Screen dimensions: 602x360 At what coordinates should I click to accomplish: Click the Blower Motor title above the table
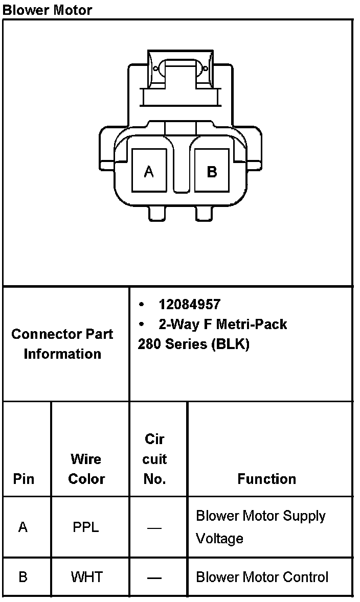(x=48, y=10)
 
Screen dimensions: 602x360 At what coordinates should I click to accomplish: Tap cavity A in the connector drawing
(x=149, y=171)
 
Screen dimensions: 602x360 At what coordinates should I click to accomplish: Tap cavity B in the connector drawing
(x=212, y=171)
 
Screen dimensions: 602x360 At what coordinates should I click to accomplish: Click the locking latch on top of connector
(x=179, y=72)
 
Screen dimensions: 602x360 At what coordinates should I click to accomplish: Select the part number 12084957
(x=189, y=305)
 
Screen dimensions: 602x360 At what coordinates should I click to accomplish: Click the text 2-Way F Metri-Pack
(x=222, y=324)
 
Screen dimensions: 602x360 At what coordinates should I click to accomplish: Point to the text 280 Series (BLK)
(x=193, y=344)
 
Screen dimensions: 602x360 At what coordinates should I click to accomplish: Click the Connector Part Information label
(x=62, y=344)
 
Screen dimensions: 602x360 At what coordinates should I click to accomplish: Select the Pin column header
(x=24, y=479)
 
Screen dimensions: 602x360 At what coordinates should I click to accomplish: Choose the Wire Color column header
(x=86, y=469)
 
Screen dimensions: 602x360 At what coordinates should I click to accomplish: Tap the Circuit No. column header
(x=154, y=459)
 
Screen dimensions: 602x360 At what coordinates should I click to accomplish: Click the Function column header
(x=266, y=479)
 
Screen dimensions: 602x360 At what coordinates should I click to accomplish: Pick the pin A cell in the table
(x=23, y=527)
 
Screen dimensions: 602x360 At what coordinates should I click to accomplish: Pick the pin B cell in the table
(x=23, y=577)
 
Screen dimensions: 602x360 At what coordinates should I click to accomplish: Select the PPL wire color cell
(x=86, y=527)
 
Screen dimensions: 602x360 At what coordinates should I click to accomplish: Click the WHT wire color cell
(x=86, y=577)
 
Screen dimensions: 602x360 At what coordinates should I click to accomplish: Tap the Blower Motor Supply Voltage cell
(x=260, y=527)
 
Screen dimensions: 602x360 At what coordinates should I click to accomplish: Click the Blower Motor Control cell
(x=262, y=577)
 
